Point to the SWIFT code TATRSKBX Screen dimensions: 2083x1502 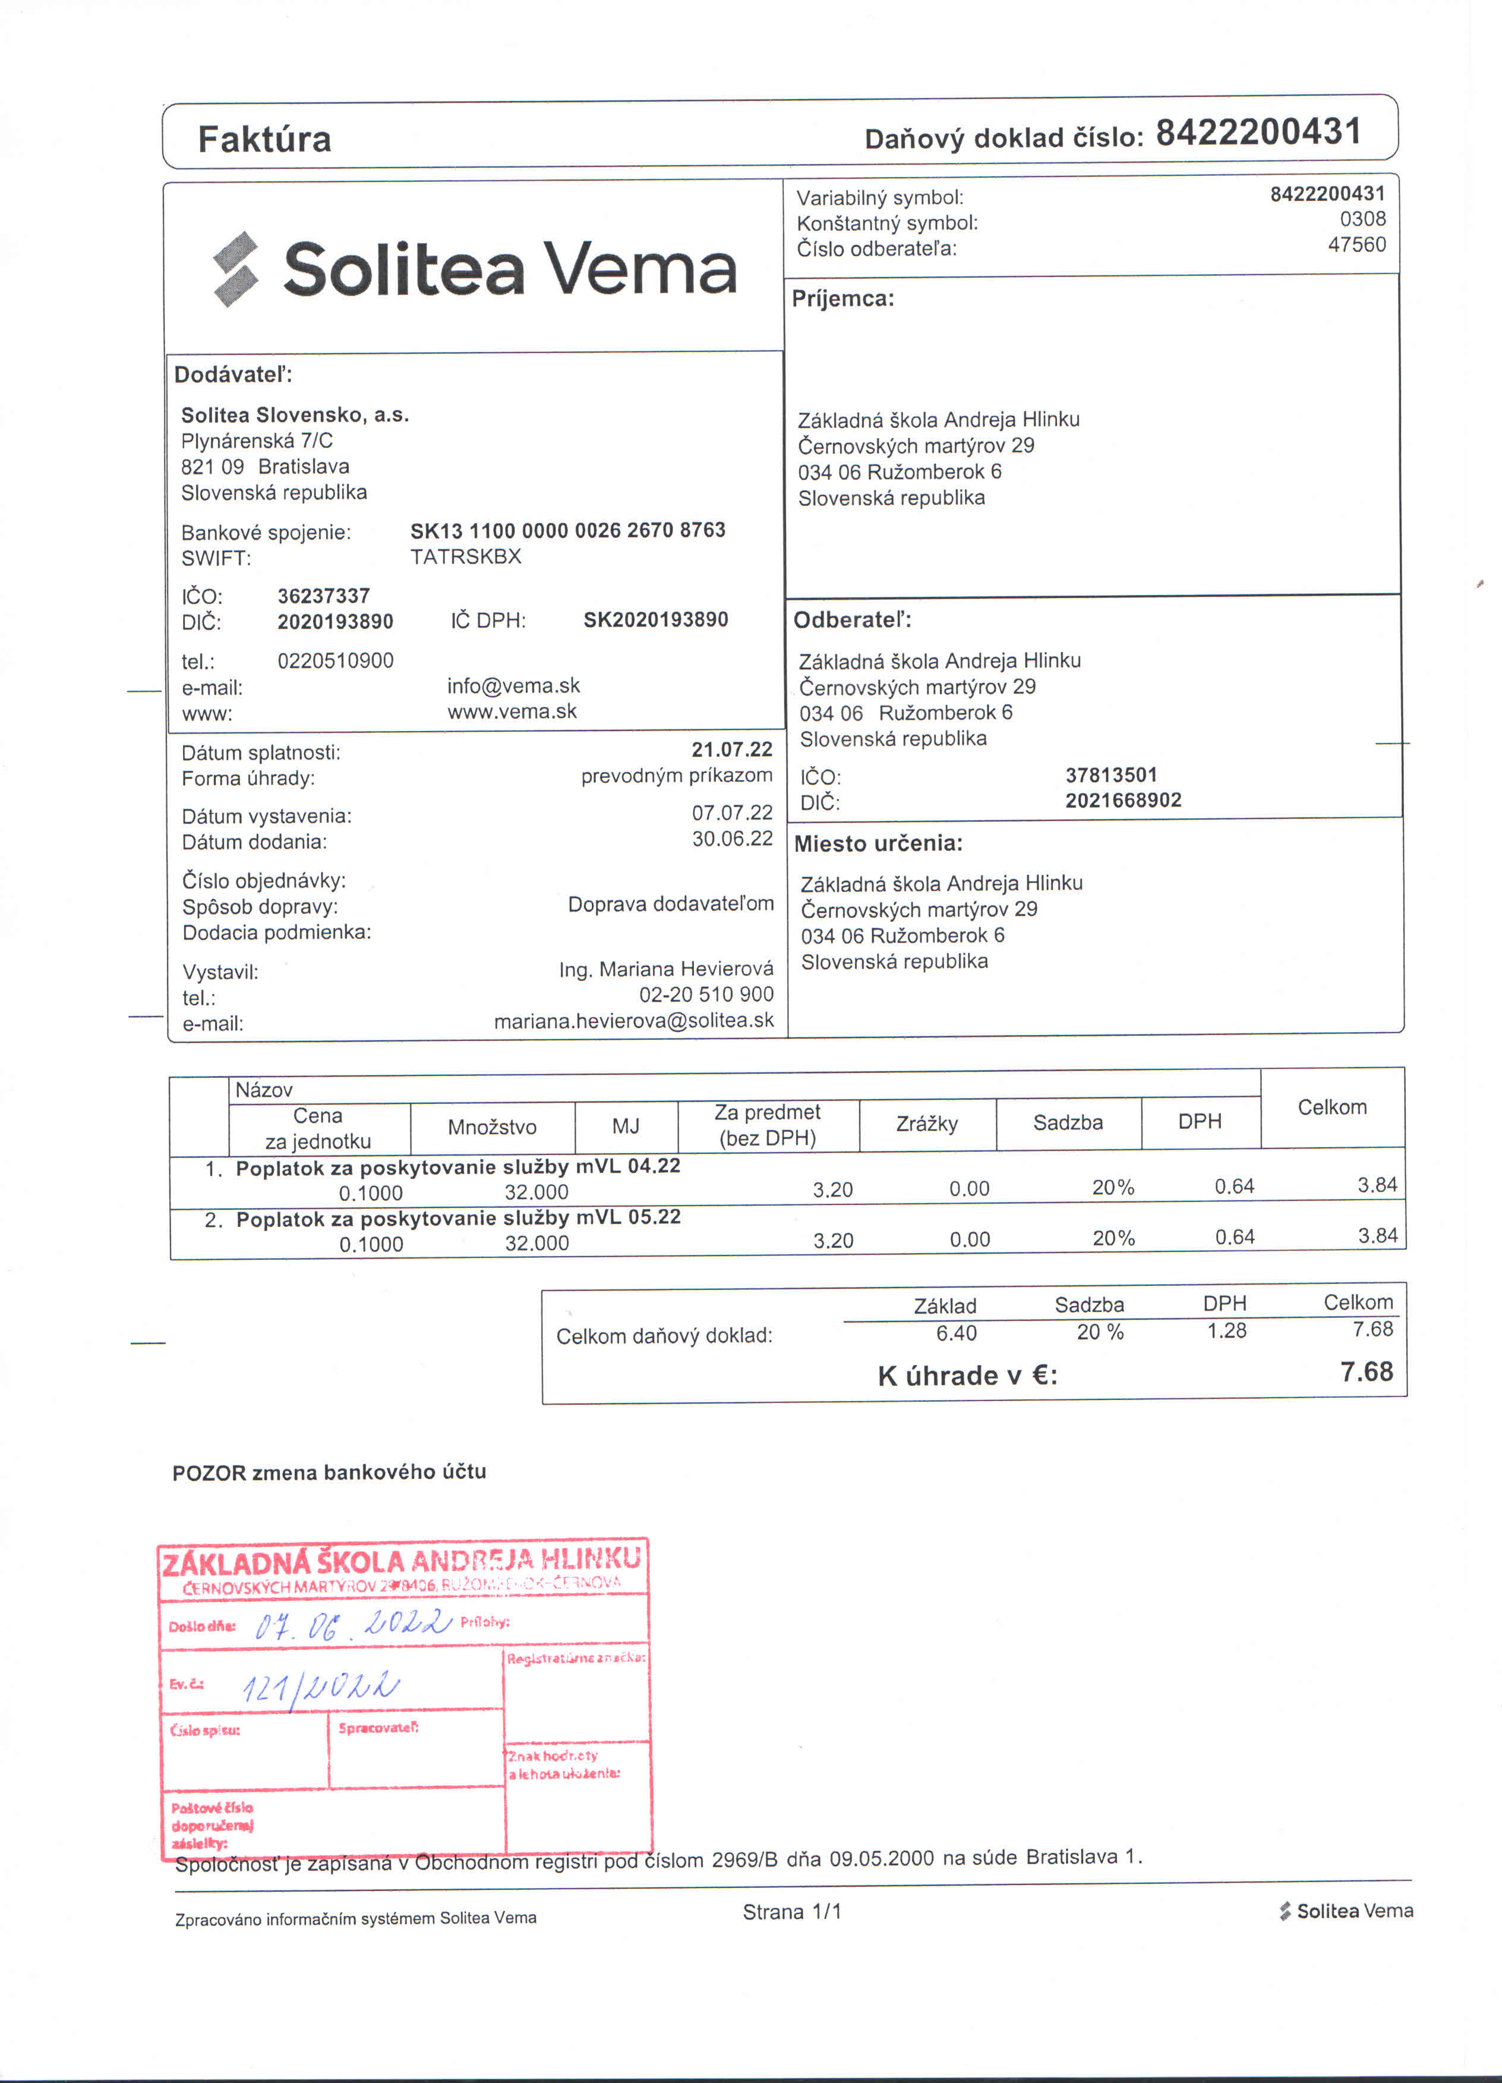point(465,556)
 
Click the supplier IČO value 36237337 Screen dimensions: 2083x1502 point(323,596)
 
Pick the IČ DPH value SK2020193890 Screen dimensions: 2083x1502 point(655,620)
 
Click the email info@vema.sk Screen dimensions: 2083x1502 point(513,686)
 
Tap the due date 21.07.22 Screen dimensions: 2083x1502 point(732,750)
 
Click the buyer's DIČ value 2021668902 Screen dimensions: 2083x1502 point(1123,800)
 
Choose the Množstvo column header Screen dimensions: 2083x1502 point(492,1127)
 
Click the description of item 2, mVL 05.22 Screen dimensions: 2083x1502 point(457,1218)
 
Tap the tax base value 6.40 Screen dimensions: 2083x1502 point(956,1333)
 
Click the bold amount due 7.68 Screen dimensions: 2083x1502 point(1366,1372)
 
